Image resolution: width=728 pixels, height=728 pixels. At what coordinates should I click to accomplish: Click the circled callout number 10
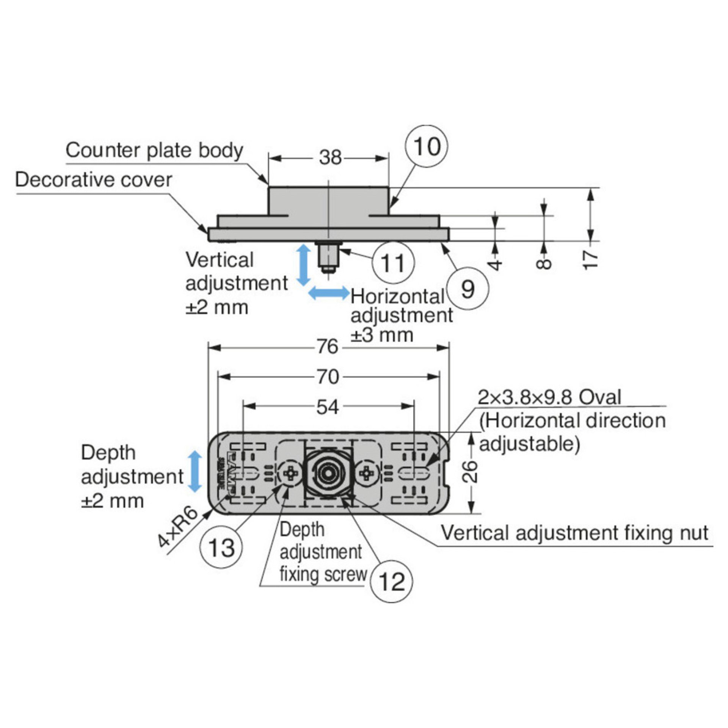(427, 147)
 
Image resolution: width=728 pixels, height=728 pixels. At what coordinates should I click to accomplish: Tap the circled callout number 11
(393, 263)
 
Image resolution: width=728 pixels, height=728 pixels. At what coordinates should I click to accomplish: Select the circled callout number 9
(468, 289)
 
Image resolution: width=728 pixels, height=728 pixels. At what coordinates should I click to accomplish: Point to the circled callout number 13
(221, 548)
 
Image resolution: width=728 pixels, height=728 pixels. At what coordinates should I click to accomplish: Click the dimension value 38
(330, 157)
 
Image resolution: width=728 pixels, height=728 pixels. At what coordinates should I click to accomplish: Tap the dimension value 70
(328, 377)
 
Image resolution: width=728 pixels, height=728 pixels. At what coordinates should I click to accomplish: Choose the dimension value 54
(328, 407)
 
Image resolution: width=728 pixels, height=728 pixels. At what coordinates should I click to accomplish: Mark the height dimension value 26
(471, 471)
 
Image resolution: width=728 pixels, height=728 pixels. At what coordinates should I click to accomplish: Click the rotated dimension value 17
(590, 259)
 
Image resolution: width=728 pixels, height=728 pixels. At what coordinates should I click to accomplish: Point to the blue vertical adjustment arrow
(303, 265)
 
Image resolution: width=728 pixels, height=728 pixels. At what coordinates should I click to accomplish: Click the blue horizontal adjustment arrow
(328, 293)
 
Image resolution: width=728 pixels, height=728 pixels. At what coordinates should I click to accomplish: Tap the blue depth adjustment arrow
(195, 471)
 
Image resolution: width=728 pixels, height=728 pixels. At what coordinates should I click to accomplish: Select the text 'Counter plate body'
(154, 151)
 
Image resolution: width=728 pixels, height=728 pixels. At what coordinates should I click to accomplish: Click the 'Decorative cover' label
(94, 180)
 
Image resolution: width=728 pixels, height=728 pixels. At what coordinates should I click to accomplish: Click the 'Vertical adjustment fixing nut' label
(574, 533)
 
